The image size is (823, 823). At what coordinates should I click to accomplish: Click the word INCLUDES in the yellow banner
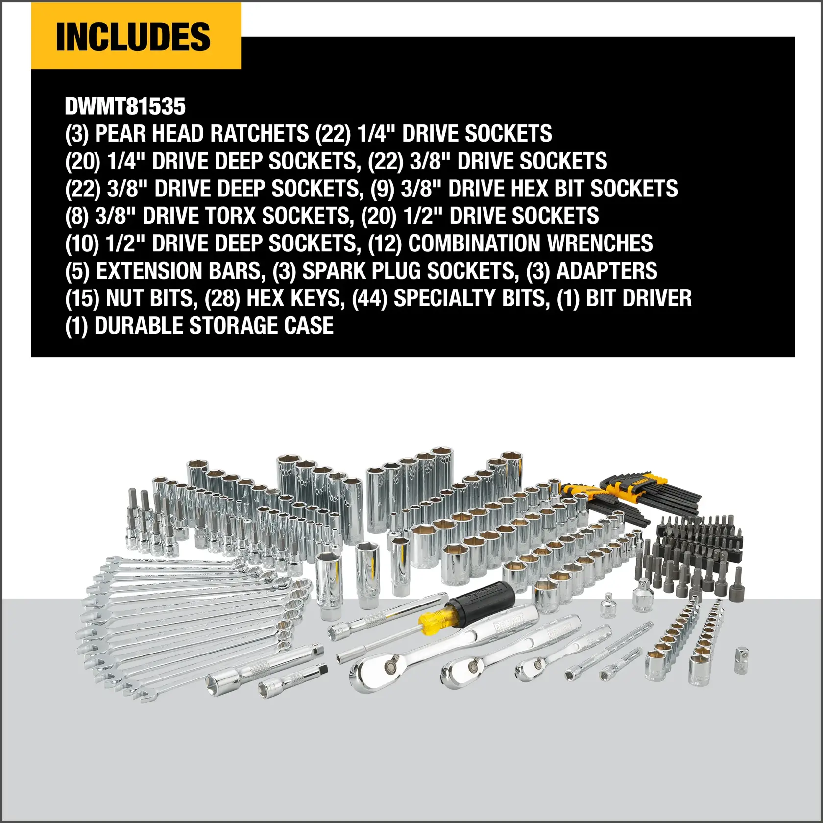[x=133, y=37]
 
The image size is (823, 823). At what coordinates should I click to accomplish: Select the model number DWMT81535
[x=125, y=106]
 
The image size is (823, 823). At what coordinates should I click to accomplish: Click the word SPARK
[x=333, y=271]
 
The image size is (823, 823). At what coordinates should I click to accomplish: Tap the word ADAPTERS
[x=607, y=271]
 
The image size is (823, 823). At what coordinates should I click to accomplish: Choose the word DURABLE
[x=138, y=326]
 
